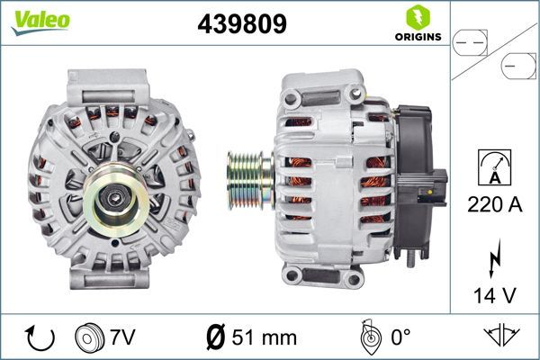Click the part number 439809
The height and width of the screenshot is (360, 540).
coord(242,24)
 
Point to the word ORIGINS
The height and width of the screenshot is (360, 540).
coord(417,38)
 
